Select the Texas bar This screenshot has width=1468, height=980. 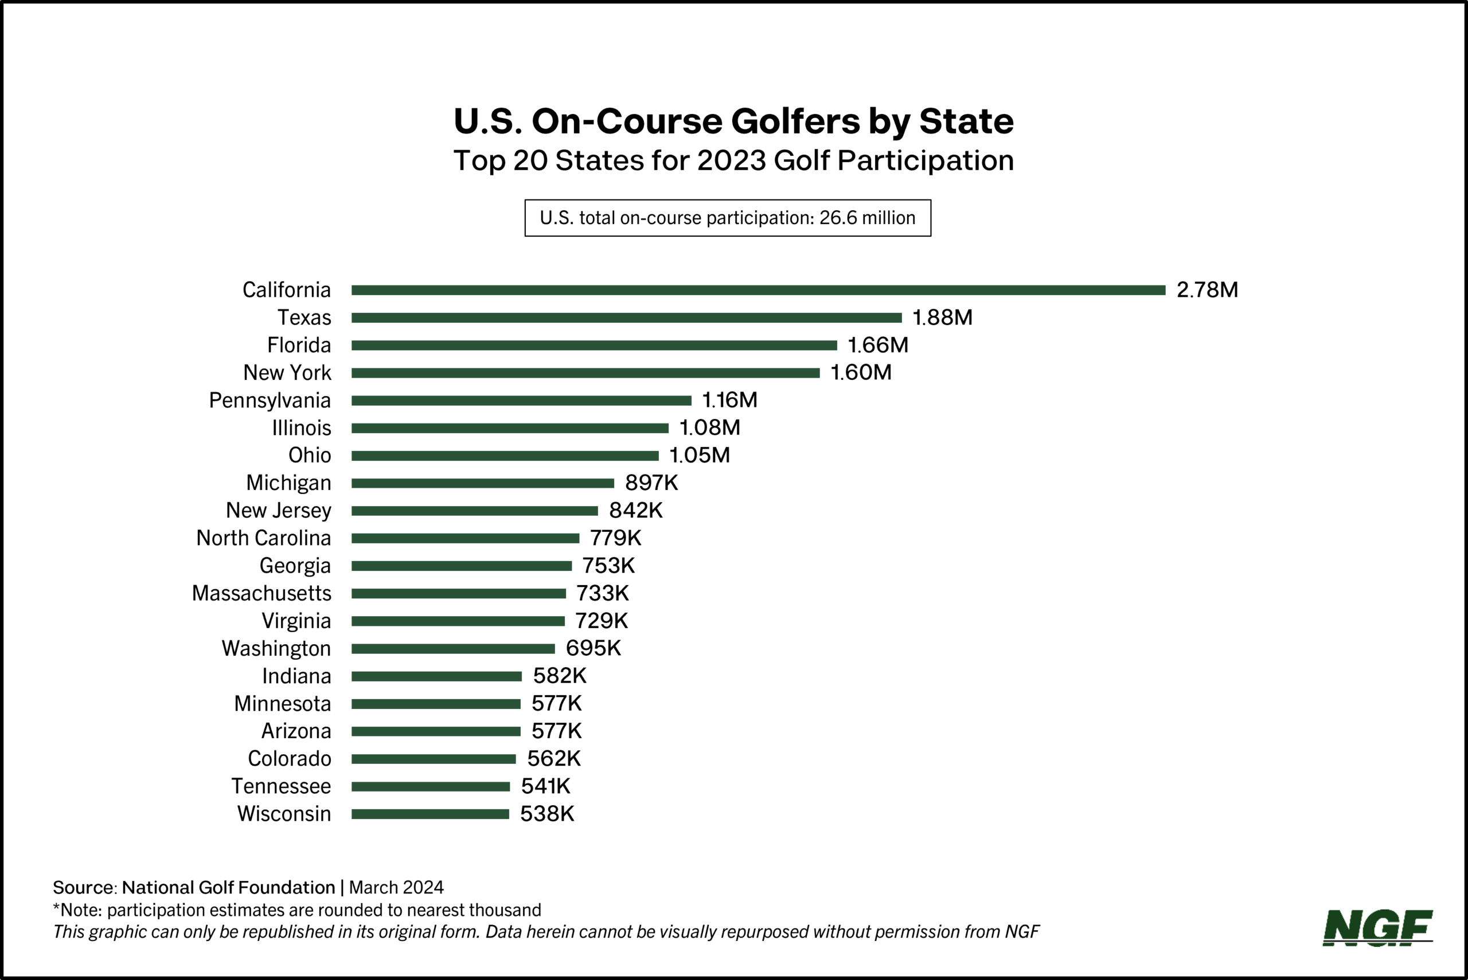point(626,317)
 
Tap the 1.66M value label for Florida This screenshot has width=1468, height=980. point(878,345)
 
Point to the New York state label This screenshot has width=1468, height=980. point(287,373)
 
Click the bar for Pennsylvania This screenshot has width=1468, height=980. point(521,400)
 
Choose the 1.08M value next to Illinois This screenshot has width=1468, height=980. point(709,428)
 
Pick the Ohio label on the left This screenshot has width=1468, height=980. point(310,455)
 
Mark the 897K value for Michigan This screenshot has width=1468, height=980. point(651,483)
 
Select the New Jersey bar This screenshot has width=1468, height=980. point(475,511)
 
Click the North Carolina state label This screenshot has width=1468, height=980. point(263,538)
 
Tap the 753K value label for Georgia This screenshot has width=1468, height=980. point(608,566)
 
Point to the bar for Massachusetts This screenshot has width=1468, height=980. point(458,593)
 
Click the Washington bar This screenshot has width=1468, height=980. point(452,649)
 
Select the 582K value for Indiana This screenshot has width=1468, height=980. point(560,676)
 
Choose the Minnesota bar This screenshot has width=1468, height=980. point(436,704)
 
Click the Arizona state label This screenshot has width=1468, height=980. point(296,731)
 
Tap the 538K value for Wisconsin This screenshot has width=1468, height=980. point(547,814)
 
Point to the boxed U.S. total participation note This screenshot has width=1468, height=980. point(728,218)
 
